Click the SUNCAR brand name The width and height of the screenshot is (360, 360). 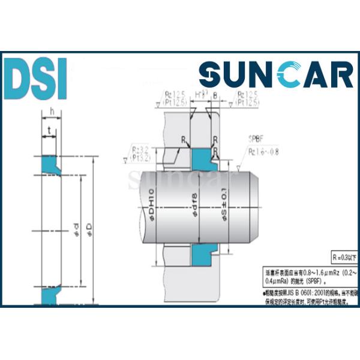(x=276, y=77)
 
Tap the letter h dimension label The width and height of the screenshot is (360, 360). (x=52, y=112)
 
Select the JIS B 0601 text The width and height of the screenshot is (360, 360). (x=287, y=293)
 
